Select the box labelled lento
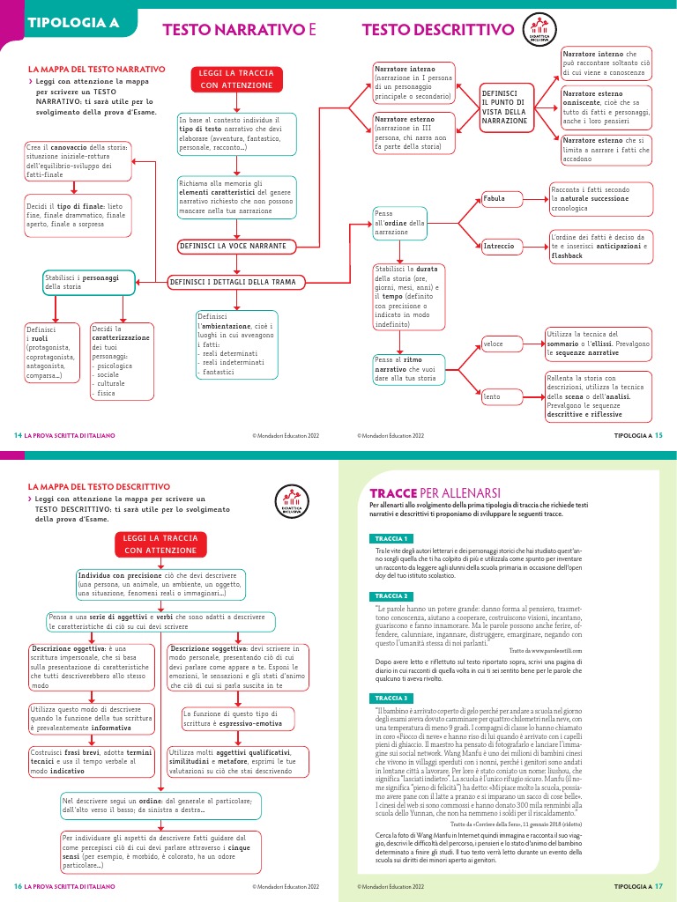[x=499, y=397]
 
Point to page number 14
[x=18, y=435]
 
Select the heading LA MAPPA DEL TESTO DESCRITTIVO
[x=99, y=485]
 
